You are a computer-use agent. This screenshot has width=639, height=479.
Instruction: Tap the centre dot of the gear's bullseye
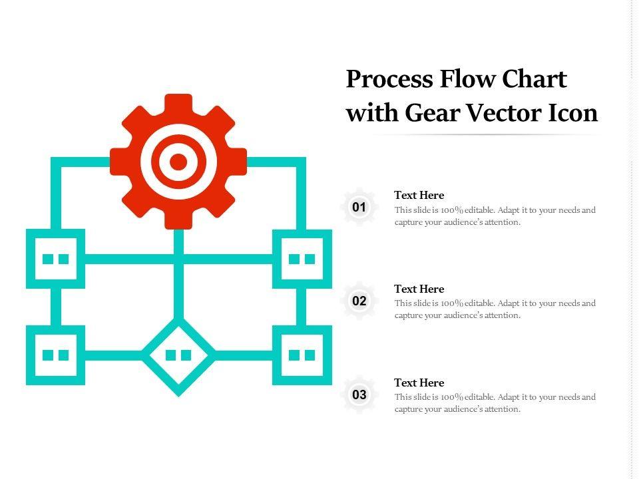178,161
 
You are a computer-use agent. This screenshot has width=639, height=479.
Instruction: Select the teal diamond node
178,356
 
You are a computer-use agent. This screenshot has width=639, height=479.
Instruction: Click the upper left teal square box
56,259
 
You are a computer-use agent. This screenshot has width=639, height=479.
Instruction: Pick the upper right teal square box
302,259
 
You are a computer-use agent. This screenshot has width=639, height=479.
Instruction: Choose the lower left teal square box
56,355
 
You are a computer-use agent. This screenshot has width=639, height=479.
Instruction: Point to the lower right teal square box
302,355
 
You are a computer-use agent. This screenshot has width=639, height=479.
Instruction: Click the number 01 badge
359,208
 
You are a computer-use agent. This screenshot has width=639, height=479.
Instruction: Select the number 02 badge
359,301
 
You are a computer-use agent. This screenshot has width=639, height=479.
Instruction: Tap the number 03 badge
359,395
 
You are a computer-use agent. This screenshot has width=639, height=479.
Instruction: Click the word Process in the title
389,80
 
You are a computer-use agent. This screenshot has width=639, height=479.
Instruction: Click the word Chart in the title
534,80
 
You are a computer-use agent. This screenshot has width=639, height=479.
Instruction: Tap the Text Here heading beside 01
419,195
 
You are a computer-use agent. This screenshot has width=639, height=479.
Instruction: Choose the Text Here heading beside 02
419,289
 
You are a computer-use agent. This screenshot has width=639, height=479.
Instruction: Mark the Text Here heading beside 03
419,383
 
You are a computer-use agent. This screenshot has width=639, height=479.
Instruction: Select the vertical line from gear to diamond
178,279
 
